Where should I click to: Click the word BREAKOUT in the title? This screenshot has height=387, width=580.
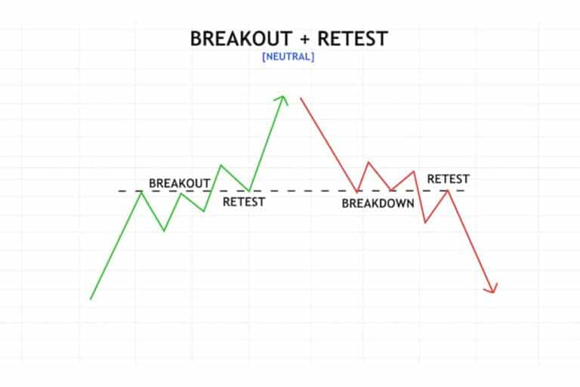231,39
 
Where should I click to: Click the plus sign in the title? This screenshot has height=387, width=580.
291,39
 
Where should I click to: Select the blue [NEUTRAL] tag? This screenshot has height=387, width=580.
288,57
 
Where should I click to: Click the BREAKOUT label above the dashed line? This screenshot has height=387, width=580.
180,184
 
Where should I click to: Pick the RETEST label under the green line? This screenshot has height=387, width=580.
243,202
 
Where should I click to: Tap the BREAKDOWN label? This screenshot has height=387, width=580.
378,203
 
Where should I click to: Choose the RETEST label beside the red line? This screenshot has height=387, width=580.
448,179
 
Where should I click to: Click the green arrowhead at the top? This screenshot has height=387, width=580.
283,98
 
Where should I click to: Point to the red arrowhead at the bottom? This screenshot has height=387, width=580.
493,289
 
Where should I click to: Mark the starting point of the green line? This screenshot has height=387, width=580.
91,299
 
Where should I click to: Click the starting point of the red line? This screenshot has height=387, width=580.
301,98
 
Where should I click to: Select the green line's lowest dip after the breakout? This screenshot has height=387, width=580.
164,231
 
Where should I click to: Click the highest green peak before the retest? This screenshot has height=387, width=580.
221,165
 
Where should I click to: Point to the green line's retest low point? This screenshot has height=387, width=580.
249,190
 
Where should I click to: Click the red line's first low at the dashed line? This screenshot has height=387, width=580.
357,192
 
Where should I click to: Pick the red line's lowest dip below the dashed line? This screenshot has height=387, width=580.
425,222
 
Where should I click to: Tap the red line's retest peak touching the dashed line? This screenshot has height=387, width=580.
448,190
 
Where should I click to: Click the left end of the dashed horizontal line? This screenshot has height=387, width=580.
119,191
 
